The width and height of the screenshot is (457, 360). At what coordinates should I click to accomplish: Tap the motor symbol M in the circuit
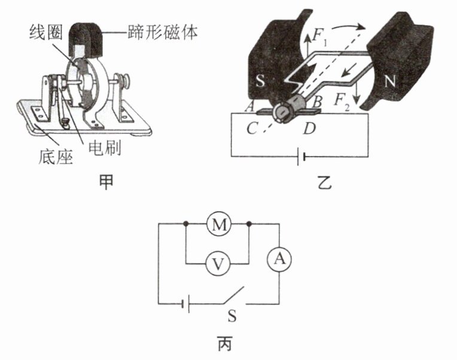pos(218,225)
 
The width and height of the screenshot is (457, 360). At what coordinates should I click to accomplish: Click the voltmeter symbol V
pos(218,263)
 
